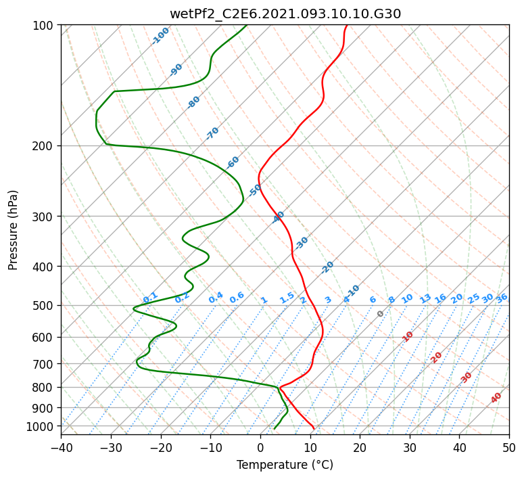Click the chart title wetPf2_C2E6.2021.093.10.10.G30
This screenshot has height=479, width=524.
point(285,14)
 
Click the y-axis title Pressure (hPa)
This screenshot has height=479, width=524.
point(13,230)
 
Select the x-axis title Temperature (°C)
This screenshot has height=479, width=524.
point(285,465)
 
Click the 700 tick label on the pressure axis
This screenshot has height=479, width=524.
point(45,363)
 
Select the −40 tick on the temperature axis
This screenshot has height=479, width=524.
point(61,447)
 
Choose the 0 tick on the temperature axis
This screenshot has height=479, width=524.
point(261,447)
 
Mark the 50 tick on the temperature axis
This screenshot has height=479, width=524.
point(509,447)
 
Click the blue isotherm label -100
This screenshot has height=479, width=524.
point(160,36)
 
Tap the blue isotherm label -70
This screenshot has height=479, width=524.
point(212,133)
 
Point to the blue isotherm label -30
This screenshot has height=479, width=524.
point(301,243)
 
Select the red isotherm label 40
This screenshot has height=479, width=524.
point(496,398)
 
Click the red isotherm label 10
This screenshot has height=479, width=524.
point(408,336)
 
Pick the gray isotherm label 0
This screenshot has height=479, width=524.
point(380,314)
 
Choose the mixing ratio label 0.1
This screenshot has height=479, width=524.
point(150,297)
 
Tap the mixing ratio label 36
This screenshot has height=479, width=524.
point(502,298)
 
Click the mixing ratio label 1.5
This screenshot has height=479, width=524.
point(287,298)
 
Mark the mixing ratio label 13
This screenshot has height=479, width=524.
point(425,298)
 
